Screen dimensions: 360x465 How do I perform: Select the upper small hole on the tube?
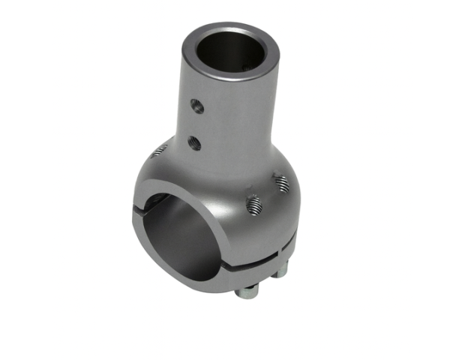pos(197,106)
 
